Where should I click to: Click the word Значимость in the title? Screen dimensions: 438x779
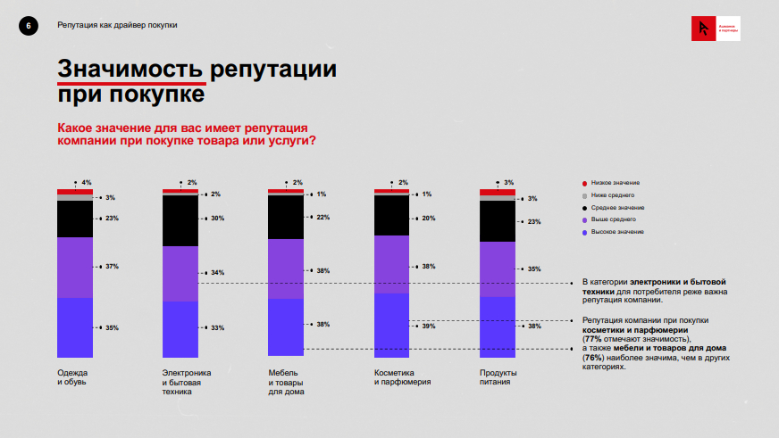pyautogui.click(x=130, y=69)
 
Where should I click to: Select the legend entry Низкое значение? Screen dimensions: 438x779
pyautogui.click(x=616, y=183)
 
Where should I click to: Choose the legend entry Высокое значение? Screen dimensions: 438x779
pyautogui.click(x=616, y=232)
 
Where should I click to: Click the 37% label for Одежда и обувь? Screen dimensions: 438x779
pyautogui.click(x=112, y=267)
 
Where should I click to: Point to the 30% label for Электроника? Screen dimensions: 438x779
pyautogui.click(x=217, y=219)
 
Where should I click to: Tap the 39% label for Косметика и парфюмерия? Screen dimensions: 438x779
pyautogui.click(x=428, y=326)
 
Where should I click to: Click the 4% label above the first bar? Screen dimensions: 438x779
pyautogui.click(x=87, y=183)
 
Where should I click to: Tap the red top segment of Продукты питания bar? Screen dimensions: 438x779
pyautogui.click(x=498, y=192)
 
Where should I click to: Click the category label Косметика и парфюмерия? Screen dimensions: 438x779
pyautogui.click(x=402, y=377)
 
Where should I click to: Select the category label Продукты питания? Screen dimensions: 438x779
pyautogui.click(x=498, y=377)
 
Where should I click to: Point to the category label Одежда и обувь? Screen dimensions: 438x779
pyautogui.click(x=73, y=377)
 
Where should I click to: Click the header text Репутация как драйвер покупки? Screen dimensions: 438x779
pyautogui.click(x=118, y=25)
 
